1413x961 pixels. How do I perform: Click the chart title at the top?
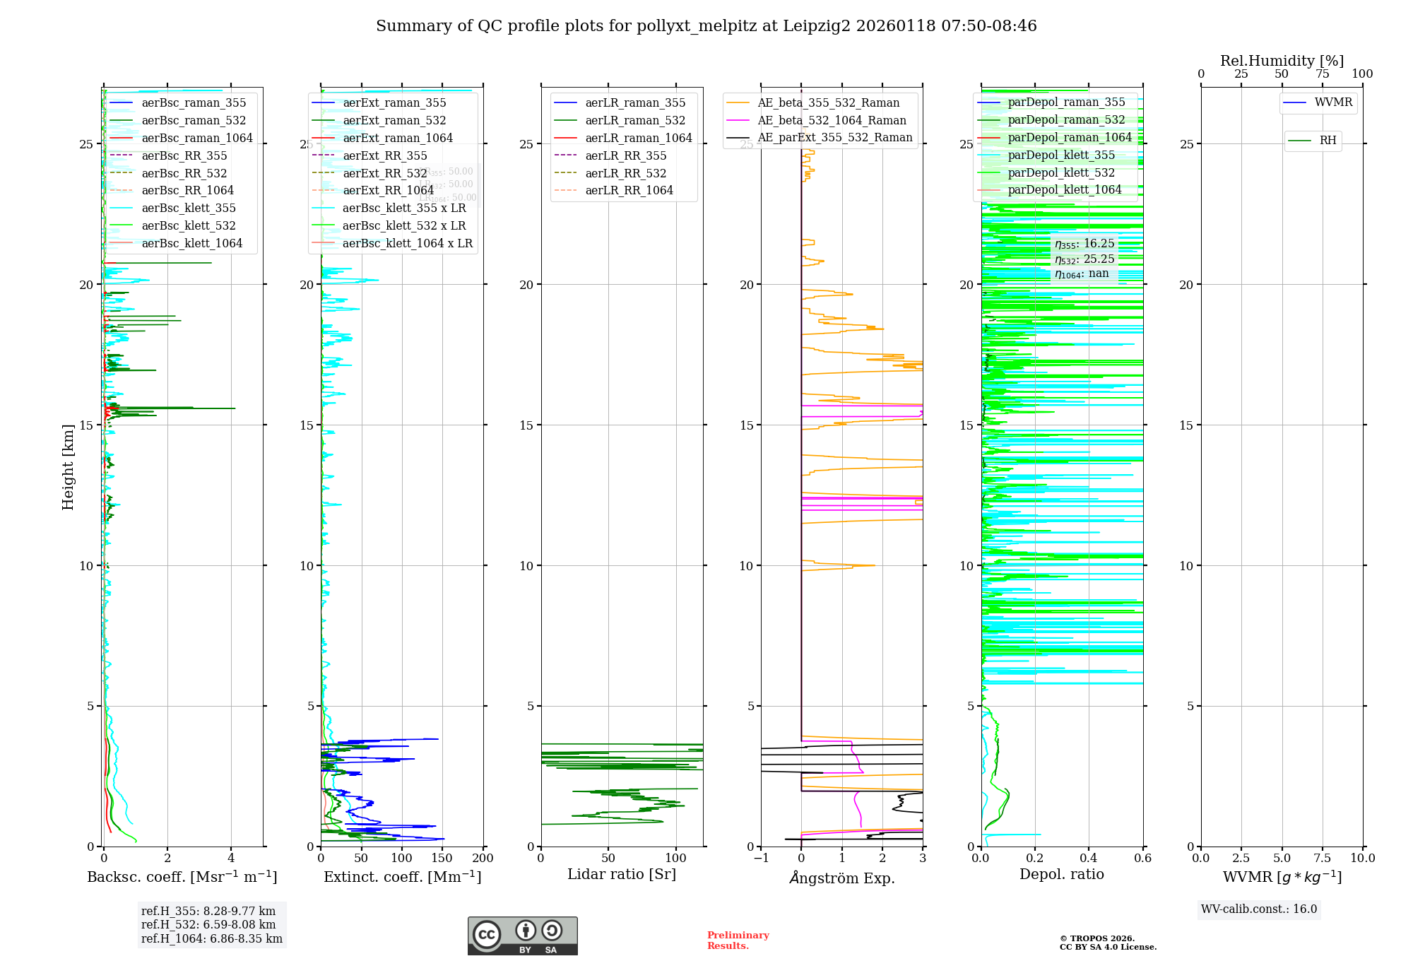(706, 26)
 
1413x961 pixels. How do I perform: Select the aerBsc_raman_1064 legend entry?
(196, 138)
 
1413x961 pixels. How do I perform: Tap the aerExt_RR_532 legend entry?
(384, 173)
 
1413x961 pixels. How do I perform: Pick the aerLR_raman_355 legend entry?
(634, 102)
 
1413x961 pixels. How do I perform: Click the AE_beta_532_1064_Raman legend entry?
(832, 120)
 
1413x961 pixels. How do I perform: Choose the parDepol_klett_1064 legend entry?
(1064, 189)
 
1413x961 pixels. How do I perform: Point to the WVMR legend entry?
(1332, 102)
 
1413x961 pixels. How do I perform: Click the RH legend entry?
(1328, 141)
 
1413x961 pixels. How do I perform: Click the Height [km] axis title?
(68, 466)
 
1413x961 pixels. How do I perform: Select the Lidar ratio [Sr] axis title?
(622, 874)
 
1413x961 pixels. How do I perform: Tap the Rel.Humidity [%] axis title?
(1282, 61)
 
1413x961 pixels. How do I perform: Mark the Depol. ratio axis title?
(1061, 874)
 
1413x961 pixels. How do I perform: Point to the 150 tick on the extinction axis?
(442, 859)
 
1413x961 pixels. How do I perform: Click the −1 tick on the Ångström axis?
(761, 859)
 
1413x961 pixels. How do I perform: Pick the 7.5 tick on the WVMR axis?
(1323, 859)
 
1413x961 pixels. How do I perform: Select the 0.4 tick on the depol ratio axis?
(1089, 859)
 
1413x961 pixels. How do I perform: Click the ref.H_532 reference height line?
(208, 924)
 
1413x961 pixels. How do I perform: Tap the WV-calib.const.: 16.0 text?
(1259, 909)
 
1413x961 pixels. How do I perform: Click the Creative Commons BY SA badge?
(522, 936)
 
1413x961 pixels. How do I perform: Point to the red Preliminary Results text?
(738, 940)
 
